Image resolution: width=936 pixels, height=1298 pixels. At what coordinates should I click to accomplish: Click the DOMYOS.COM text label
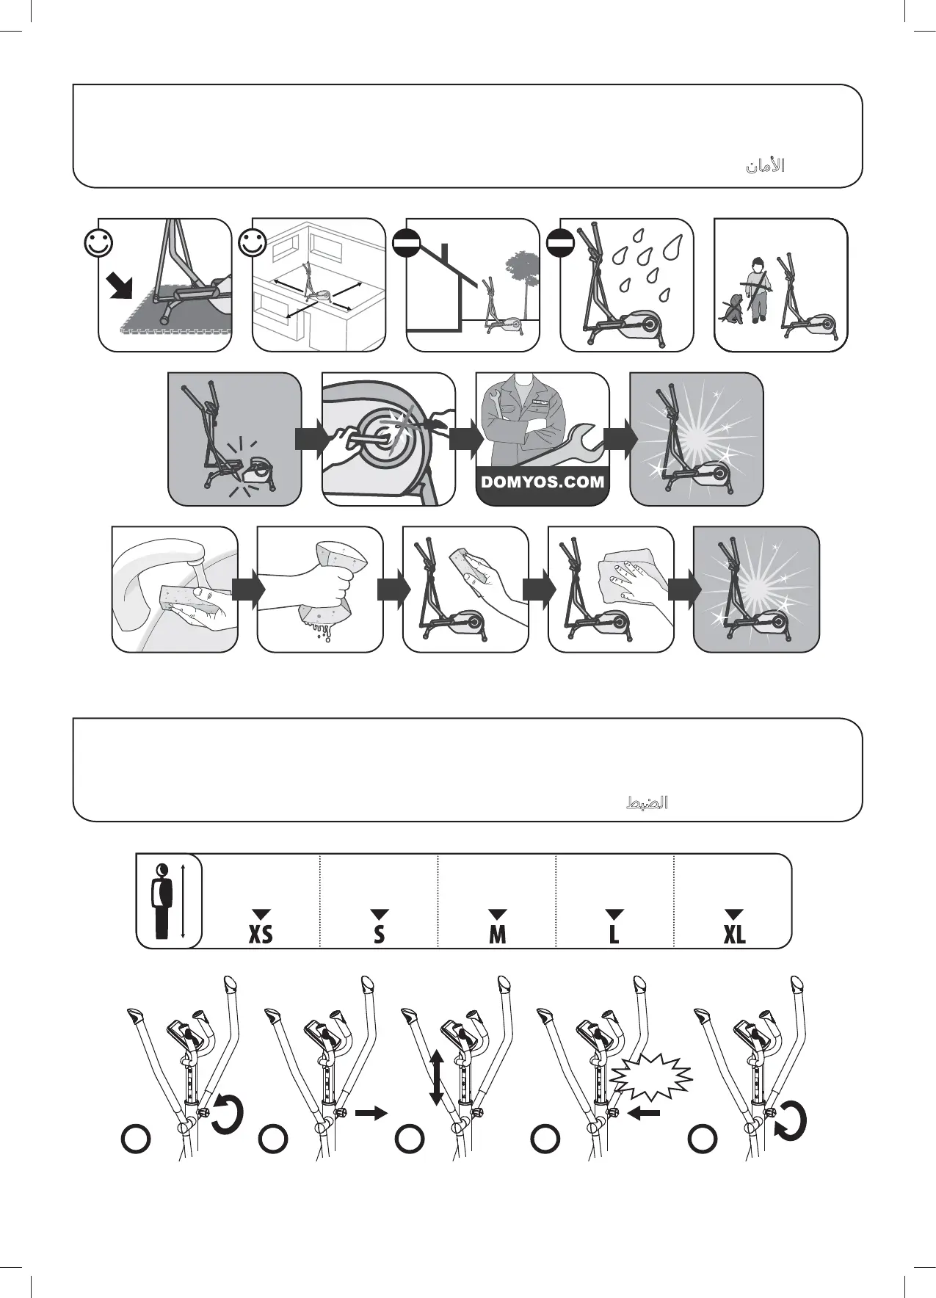tap(543, 482)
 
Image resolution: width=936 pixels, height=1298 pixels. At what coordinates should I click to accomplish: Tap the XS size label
tap(261, 935)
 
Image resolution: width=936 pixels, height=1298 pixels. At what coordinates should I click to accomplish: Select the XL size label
tap(734, 935)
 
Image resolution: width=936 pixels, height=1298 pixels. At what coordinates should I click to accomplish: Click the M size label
tap(497, 935)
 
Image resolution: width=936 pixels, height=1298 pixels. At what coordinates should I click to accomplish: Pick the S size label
tap(379, 935)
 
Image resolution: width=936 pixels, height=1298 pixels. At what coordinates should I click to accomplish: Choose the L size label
tap(614, 935)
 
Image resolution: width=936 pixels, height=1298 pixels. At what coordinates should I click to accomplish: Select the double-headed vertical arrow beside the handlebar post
tap(435, 1077)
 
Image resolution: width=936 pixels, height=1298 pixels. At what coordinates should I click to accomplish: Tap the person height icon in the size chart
tap(162, 901)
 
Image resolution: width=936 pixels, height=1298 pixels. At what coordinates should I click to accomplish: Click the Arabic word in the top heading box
tap(765, 167)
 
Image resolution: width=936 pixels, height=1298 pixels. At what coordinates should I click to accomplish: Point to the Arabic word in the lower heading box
tap(646, 802)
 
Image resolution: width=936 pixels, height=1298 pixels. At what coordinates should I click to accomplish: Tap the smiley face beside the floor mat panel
tap(98, 243)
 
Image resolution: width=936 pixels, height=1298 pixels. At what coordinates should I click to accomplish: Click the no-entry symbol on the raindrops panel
tap(560, 243)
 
